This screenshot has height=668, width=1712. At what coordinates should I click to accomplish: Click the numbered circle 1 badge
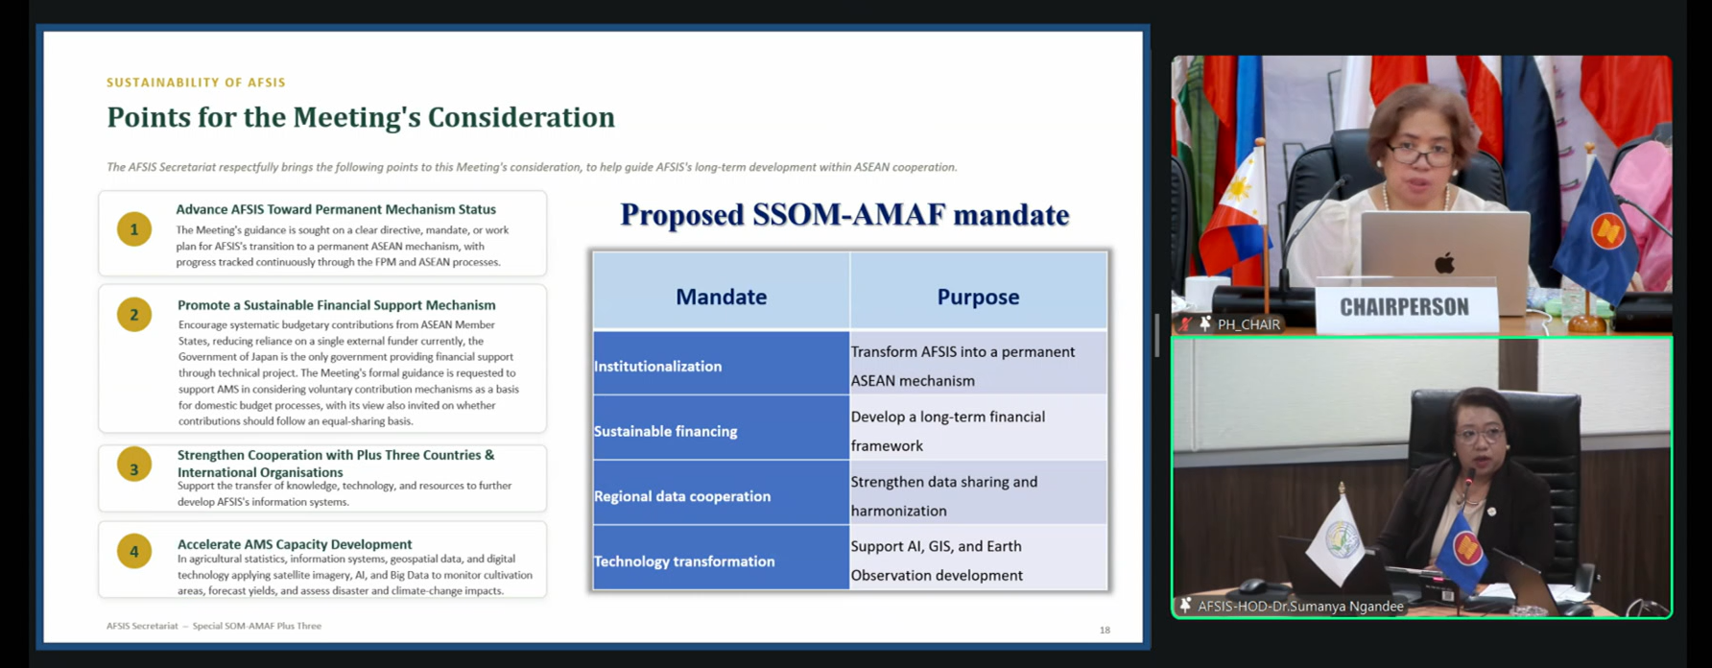tap(134, 229)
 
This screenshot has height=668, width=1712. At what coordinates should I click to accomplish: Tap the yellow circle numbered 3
tap(134, 465)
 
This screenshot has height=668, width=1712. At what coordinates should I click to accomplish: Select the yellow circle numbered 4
tap(134, 551)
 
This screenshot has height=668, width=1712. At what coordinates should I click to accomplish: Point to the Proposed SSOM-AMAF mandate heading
tap(844, 214)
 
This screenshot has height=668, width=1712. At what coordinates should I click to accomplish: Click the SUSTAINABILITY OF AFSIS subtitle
tap(196, 83)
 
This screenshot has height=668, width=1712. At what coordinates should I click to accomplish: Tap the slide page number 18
tap(1105, 630)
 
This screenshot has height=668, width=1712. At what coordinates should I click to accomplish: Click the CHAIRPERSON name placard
tap(1405, 307)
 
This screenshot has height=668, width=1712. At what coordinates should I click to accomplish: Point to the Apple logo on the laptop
tap(1444, 261)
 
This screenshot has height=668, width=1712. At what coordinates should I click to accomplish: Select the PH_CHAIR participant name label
tap(1248, 324)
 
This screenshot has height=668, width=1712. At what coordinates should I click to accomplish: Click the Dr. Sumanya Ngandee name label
tap(1300, 606)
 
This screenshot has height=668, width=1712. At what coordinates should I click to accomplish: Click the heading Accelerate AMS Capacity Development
tap(295, 544)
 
